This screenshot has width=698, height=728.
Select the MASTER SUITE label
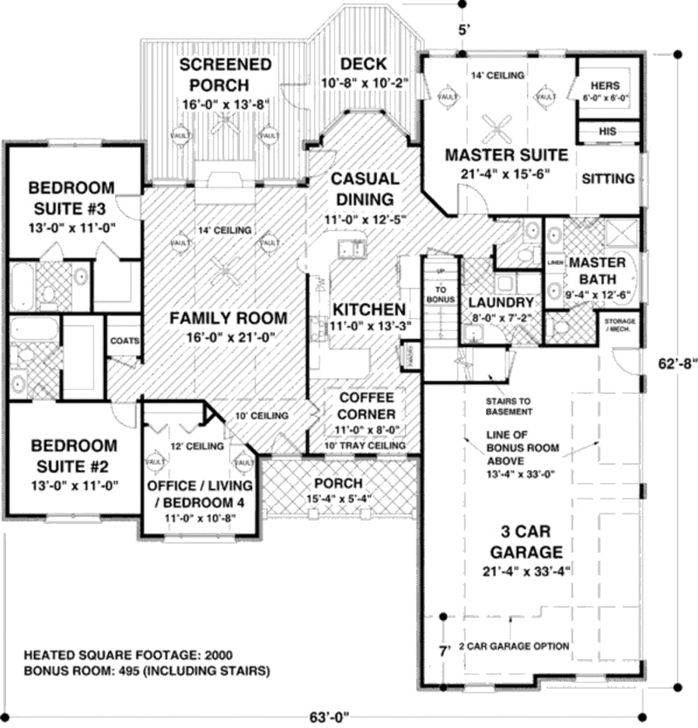(x=507, y=155)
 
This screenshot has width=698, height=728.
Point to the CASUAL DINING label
(x=365, y=187)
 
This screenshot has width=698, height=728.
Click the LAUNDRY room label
(x=500, y=302)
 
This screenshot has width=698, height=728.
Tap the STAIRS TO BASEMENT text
(x=510, y=406)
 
